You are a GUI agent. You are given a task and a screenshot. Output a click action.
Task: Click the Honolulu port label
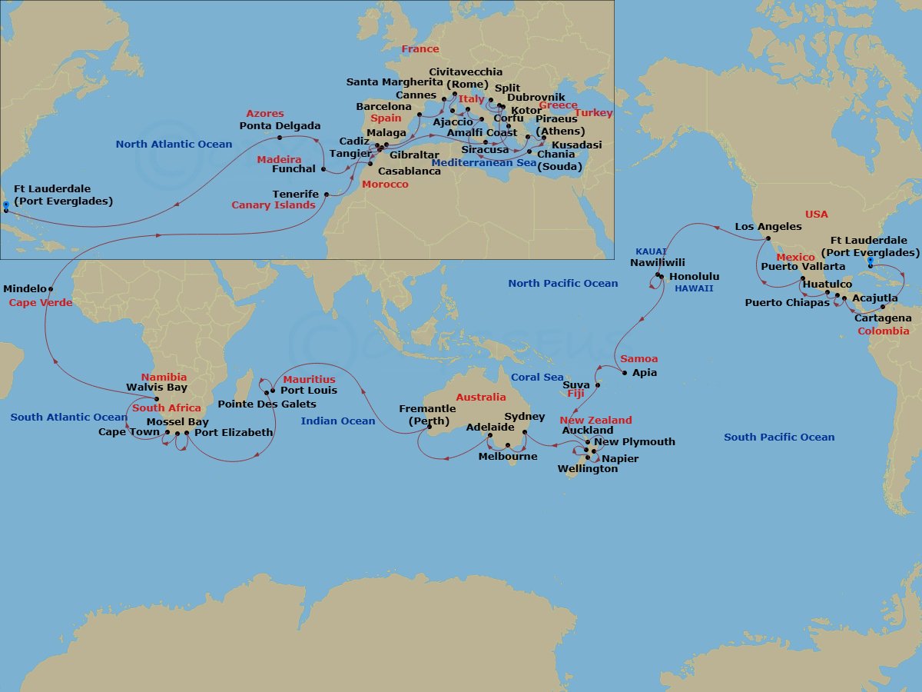694,276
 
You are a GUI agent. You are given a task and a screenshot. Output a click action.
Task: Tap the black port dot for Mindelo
51,289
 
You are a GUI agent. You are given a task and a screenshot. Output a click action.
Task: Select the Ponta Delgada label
280,126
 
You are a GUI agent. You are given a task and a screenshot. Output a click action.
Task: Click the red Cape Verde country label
41,303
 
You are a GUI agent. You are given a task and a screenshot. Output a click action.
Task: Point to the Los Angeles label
768,227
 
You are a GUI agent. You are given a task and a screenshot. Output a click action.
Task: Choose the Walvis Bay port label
157,388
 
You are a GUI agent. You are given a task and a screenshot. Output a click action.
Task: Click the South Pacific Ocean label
778,437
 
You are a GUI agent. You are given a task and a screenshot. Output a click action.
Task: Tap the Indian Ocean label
338,421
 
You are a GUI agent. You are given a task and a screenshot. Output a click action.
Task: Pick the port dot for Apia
624,373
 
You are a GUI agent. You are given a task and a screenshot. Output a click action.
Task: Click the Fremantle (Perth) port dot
429,426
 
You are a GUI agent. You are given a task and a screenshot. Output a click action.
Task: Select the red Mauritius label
309,380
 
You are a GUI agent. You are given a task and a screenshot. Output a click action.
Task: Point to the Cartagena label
883,318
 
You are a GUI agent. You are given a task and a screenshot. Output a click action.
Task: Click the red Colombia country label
884,331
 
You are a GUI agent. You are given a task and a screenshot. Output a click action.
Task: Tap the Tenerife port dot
327,195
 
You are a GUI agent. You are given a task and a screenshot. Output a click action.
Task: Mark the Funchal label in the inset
294,169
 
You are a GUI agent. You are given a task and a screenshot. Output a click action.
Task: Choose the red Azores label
265,114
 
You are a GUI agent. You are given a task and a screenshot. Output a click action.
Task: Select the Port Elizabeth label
234,433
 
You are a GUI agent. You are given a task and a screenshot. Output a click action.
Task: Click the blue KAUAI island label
650,251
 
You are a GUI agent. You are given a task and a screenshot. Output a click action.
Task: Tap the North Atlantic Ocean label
174,145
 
